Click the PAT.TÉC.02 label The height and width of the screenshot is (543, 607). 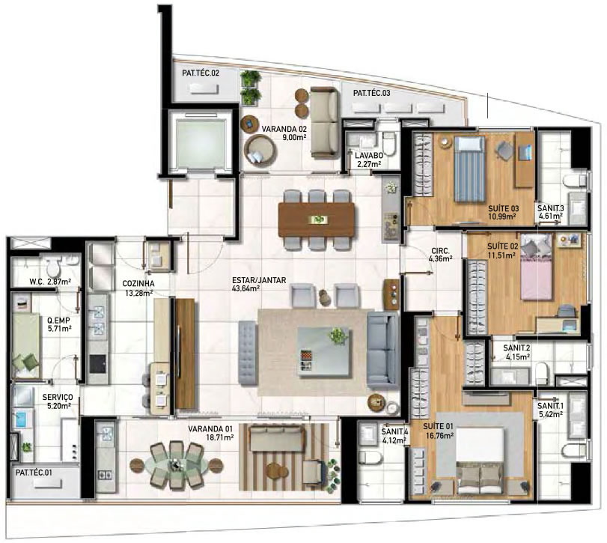click(201, 73)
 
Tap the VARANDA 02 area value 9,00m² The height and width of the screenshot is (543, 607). click(294, 137)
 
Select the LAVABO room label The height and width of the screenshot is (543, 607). click(369, 156)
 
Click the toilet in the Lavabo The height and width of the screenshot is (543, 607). click(388, 142)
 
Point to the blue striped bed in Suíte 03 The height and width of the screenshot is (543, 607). click(469, 169)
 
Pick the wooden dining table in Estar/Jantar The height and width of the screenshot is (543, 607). click(317, 219)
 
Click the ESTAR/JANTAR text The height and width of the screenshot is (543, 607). click(259, 280)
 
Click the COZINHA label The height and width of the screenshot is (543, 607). click(138, 284)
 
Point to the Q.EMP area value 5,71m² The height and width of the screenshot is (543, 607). click(59, 329)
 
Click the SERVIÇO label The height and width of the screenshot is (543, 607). click(58, 398)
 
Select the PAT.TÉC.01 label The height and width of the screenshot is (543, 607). click(34, 473)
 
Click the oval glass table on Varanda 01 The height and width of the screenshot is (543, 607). click(176, 464)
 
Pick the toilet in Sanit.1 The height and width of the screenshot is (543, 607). click(574, 451)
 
